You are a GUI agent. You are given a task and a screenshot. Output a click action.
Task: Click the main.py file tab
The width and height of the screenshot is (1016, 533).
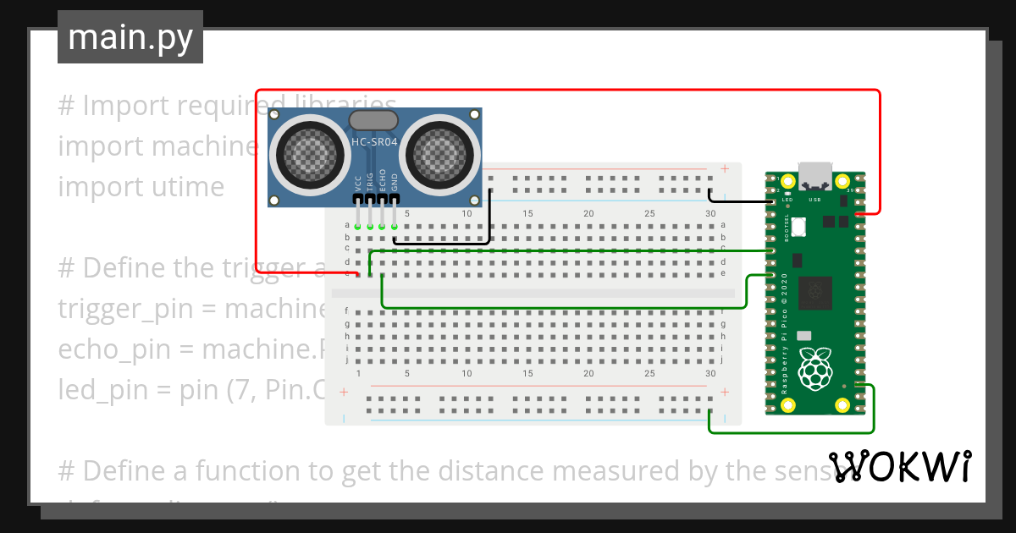pyautogui.click(x=130, y=37)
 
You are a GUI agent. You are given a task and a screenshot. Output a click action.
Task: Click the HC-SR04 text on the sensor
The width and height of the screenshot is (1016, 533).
pyautogui.click(x=374, y=143)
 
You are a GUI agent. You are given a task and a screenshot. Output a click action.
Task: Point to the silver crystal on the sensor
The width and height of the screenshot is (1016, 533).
pyautogui.click(x=373, y=120)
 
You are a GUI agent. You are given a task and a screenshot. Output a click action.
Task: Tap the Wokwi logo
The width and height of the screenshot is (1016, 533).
pyautogui.click(x=899, y=466)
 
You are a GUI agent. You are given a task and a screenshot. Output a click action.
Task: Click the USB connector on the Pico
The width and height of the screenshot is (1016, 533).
pyautogui.click(x=816, y=175)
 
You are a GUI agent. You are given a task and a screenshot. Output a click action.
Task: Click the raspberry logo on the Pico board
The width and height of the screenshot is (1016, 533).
pyautogui.click(x=816, y=369)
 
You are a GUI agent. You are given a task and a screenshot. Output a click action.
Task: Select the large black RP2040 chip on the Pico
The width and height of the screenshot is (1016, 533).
pyautogui.click(x=816, y=293)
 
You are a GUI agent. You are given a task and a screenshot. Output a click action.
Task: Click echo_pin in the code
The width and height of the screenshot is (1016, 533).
pyautogui.click(x=102, y=349)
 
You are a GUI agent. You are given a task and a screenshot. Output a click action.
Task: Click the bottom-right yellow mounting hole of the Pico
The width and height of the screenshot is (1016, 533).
pyautogui.click(x=842, y=405)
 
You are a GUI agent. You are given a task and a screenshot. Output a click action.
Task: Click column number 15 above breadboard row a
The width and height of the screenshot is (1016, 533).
pyautogui.click(x=527, y=213)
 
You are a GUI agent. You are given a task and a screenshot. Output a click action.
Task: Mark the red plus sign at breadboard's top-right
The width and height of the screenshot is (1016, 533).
pyautogui.click(x=725, y=168)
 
